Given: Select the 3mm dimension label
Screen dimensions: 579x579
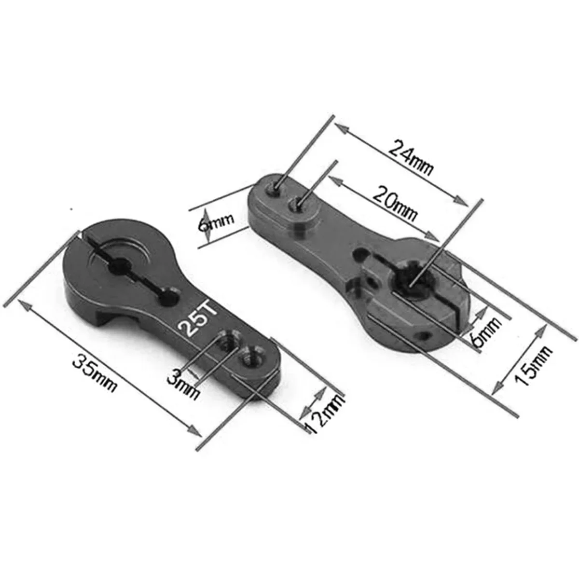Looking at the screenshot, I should coord(183,382).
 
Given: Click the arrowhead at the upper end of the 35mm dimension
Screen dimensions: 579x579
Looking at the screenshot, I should coord(23,303).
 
